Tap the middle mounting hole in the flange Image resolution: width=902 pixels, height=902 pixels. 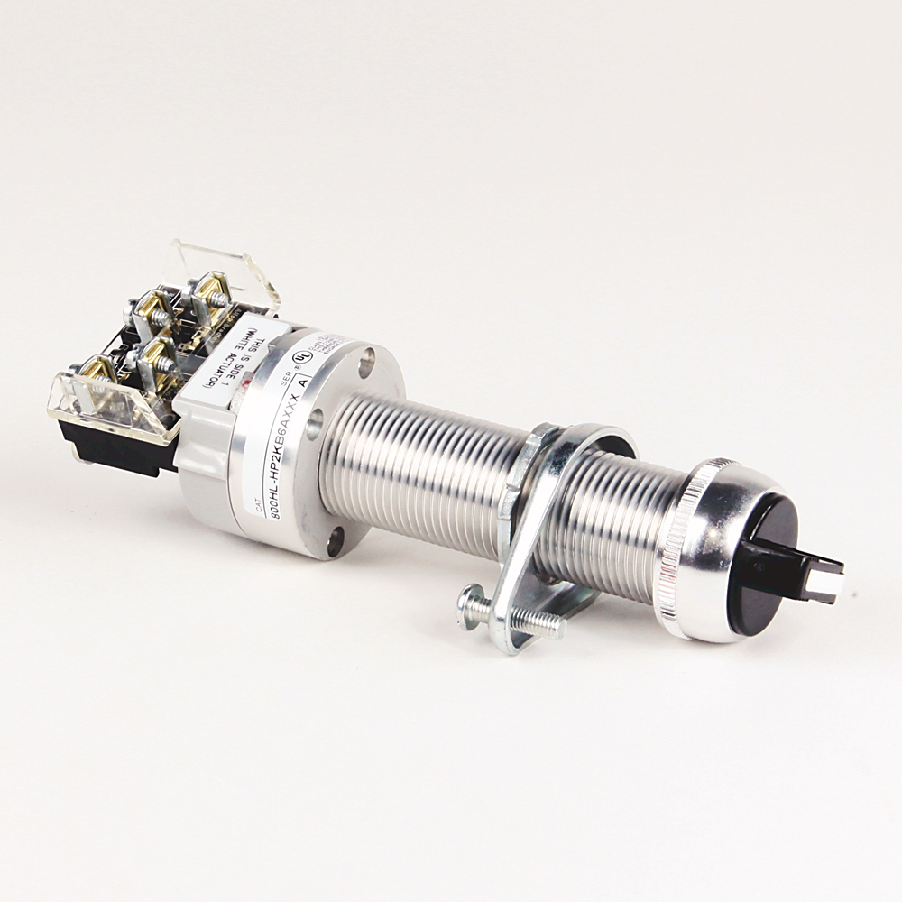point(314,423)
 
